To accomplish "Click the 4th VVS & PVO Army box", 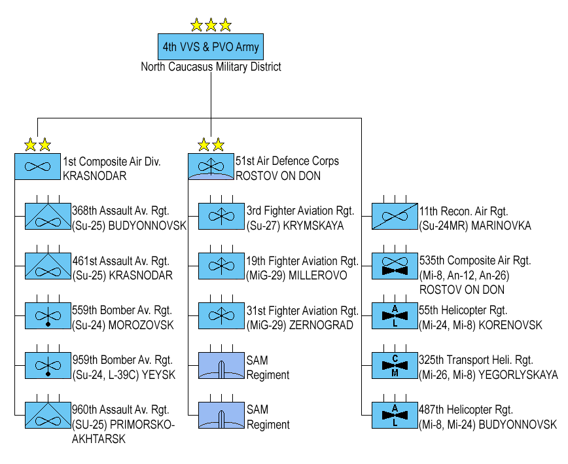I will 211,47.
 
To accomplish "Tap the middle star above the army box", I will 211,26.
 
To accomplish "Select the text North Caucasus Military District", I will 211,67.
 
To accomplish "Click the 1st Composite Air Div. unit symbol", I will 37,167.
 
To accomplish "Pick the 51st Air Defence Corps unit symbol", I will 211,167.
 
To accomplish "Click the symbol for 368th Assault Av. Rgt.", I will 48,217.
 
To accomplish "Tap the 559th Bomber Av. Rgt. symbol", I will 48,316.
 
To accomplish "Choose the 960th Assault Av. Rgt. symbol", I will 48,416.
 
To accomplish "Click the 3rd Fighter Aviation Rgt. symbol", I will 221,217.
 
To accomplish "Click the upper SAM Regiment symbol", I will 221,366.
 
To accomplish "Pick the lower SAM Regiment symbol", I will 221,416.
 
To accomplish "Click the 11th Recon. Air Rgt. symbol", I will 395,217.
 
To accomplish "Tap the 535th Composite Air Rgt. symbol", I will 395,266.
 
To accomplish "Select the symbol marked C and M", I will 395,366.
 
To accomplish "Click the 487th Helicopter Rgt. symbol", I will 395,416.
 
